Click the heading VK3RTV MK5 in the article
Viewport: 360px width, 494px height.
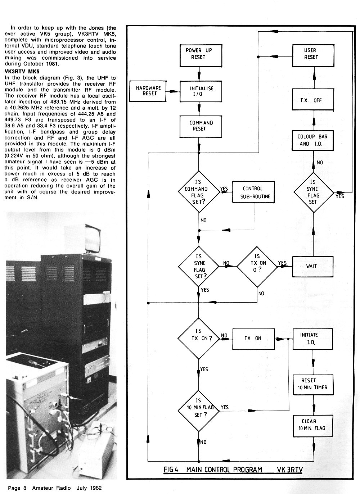tap(22, 72)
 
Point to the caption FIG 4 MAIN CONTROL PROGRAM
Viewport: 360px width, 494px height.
tap(212, 470)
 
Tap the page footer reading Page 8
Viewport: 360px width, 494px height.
tap(17, 488)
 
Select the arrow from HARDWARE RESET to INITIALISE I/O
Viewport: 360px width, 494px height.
tap(173, 91)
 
